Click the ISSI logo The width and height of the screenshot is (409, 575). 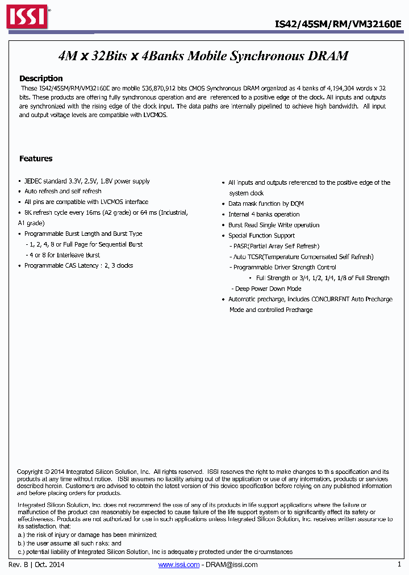(27, 17)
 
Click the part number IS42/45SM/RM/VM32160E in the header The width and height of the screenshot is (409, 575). (338, 24)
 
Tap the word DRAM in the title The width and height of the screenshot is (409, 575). (329, 56)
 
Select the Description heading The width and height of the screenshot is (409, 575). (41, 78)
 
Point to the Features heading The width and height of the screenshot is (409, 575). (36, 159)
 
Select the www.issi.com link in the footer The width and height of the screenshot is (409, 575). (178, 564)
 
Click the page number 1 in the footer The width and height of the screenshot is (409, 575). (399, 564)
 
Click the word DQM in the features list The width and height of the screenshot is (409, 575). (297, 203)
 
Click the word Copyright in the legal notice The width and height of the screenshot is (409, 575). (30, 472)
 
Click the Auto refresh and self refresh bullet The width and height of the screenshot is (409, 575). (62, 191)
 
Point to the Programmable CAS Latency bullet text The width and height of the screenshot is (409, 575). (78, 265)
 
